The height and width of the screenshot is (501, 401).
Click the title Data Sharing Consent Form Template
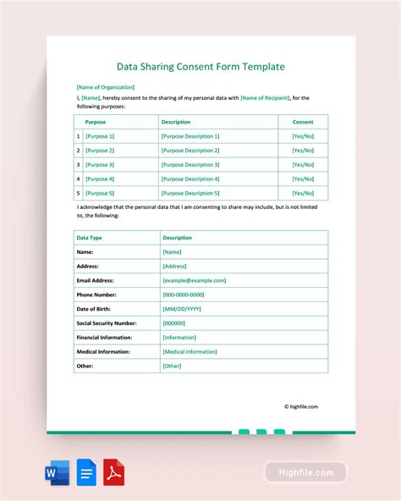coord(200,66)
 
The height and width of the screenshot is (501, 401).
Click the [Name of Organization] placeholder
coord(105,86)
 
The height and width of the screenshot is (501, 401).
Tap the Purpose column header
coord(96,122)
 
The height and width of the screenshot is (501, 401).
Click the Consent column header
coord(302,122)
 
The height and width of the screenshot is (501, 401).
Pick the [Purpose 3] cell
coord(100,164)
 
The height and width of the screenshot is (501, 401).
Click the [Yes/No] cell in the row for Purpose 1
coord(303,136)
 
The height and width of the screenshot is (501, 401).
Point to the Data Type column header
coord(89,238)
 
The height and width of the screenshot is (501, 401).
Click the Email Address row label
coord(95,280)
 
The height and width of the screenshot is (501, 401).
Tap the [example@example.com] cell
coord(194,280)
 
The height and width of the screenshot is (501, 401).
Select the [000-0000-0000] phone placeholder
coord(184,295)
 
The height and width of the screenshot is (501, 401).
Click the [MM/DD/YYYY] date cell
coord(182,309)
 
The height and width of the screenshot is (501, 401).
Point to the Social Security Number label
coord(106,323)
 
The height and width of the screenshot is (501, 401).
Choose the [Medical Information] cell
coord(190,351)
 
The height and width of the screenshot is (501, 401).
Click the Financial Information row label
coord(104,337)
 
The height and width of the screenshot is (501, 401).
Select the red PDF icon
coord(114,472)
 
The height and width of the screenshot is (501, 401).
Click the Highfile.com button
coord(305,472)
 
